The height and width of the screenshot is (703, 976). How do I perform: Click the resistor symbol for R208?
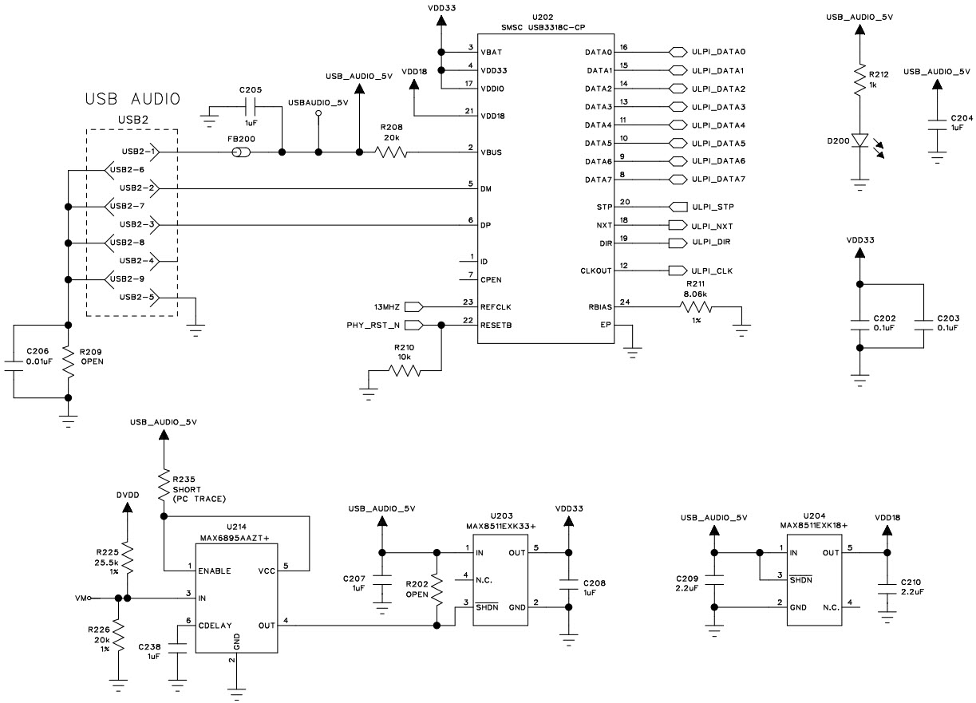click(x=392, y=152)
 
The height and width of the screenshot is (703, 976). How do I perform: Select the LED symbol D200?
click(x=859, y=140)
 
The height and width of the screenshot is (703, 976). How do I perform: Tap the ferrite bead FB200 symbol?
click(x=236, y=152)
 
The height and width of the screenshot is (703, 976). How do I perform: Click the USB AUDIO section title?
click(x=132, y=100)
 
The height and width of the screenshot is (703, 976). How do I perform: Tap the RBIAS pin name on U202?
click(x=599, y=306)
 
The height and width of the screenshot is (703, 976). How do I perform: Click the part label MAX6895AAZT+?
click(x=236, y=539)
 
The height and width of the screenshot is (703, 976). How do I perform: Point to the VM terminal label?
click(x=80, y=597)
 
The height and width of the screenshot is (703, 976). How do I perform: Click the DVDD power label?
click(x=127, y=495)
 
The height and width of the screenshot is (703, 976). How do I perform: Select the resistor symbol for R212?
click(x=859, y=81)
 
